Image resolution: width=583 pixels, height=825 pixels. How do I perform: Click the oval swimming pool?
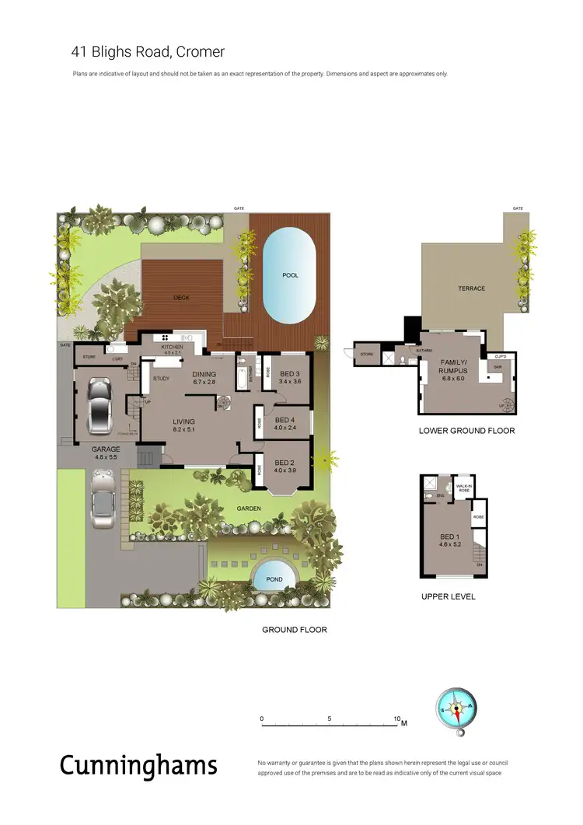[x=289, y=276]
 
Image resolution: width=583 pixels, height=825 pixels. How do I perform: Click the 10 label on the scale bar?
[x=397, y=718]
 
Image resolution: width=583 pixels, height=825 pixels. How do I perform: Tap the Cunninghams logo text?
[x=138, y=765]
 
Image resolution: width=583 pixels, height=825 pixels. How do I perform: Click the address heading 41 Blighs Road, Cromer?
[x=148, y=53]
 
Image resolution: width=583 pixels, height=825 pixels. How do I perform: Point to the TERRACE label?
[x=471, y=288]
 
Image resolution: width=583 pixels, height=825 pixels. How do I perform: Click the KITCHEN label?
[x=172, y=347]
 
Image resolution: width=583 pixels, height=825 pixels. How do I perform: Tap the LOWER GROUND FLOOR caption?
[x=466, y=431]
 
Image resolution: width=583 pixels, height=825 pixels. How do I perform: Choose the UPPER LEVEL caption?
[x=448, y=597]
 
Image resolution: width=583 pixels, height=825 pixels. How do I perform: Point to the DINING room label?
[x=205, y=375]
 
